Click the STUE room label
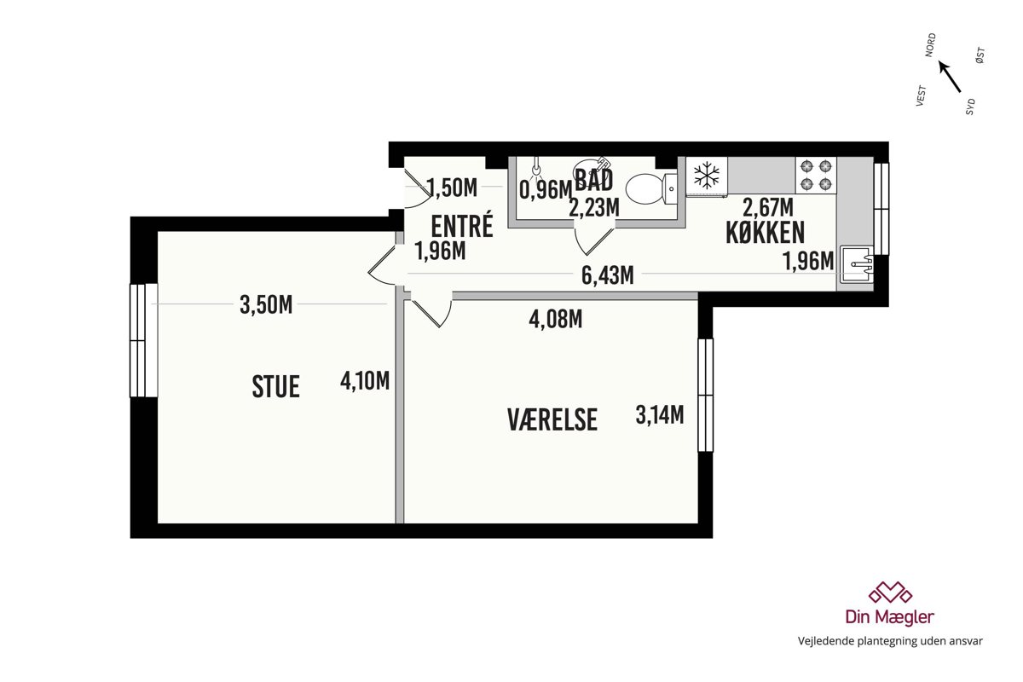(276, 386)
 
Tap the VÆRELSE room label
(552, 419)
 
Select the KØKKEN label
(765, 233)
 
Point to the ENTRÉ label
(462, 225)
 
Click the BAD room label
(593, 180)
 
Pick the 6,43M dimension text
(607, 275)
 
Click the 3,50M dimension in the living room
(266, 304)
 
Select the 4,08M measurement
(556, 319)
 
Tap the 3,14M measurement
(660, 415)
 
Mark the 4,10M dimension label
(365, 380)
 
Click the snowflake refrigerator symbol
(707, 175)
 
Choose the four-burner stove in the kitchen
(816, 175)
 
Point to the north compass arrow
(950, 77)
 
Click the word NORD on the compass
(930, 45)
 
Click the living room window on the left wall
(144, 340)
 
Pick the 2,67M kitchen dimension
(768, 207)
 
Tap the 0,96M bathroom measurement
(546, 189)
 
